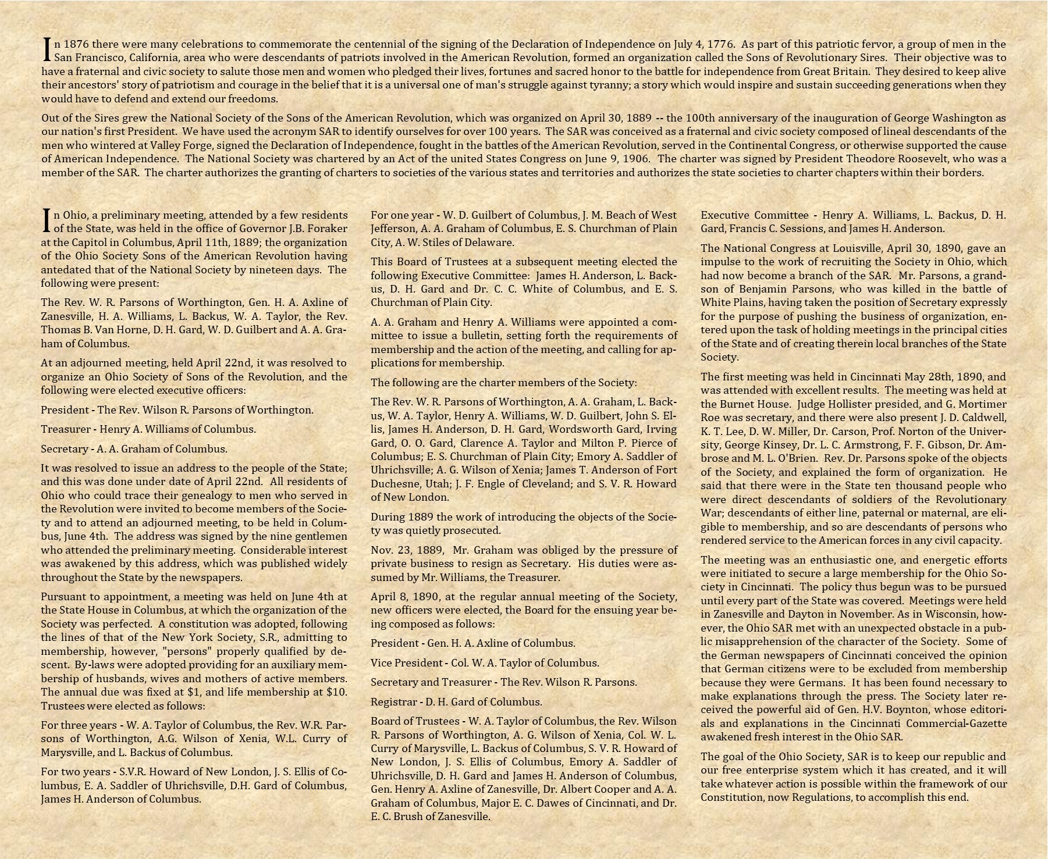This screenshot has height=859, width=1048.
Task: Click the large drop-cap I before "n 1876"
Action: pyautogui.click(x=47, y=49)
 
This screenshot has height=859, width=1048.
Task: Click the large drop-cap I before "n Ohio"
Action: pyautogui.click(x=47, y=220)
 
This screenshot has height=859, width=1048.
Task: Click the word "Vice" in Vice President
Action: pyautogui.click(x=382, y=663)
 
